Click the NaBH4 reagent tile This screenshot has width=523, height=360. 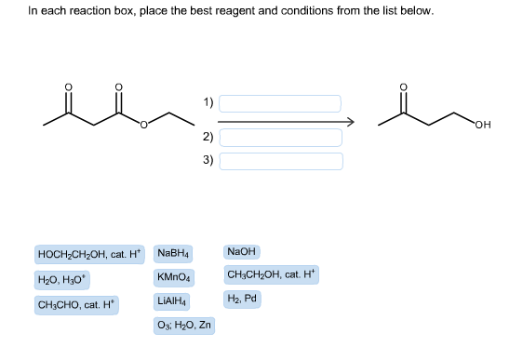[x=174, y=253]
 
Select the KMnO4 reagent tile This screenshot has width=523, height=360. [x=174, y=277]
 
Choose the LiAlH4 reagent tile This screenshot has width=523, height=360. [x=174, y=301]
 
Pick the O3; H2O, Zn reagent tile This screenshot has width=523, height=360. [x=184, y=326]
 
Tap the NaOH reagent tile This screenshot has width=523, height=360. [x=242, y=252]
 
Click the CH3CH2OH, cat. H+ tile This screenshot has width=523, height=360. [x=272, y=274]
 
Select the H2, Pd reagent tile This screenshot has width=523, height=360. [x=241, y=299]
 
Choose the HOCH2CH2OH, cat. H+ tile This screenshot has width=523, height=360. [x=89, y=254]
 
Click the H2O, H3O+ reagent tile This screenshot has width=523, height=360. [x=62, y=279]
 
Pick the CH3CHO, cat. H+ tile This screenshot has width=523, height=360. [x=76, y=305]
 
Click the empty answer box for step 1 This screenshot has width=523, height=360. [x=280, y=102]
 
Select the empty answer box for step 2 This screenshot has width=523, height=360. [x=280, y=137]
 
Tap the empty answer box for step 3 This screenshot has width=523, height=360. [x=280, y=161]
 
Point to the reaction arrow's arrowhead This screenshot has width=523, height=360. [x=351, y=121]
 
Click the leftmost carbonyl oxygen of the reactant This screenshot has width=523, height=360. [x=67, y=89]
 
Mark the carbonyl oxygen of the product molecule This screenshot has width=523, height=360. [x=403, y=89]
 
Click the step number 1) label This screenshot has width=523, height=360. [x=208, y=101]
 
